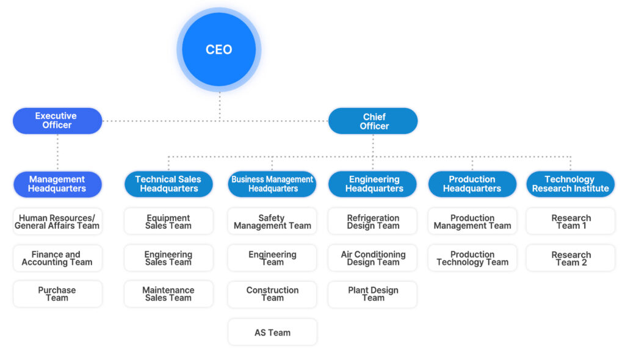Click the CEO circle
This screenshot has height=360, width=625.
(219, 50)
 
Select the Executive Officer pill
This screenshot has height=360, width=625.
(57, 121)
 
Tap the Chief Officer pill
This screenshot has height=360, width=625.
(373, 121)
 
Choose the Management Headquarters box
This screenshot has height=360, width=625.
(57, 184)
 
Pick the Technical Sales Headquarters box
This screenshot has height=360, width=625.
(168, 184)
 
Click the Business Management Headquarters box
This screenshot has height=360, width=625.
(272, 184)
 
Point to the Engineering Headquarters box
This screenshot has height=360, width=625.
(373, 184)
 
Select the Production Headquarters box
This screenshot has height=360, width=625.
(472, 184)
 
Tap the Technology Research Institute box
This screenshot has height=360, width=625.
(570, 184)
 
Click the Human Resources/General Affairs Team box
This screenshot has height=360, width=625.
(57, 221)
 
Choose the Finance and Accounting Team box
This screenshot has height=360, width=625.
(57, 258)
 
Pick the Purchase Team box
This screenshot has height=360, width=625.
(57, 294)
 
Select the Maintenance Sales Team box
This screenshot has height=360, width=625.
(168, 294)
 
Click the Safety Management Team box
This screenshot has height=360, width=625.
(272, 221)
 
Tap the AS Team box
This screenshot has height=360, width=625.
(272, 333)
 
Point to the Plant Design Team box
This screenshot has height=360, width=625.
(373, 294)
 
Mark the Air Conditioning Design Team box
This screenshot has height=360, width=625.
(373, 258)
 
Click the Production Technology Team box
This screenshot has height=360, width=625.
(472, 258)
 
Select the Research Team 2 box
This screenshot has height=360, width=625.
(570, 258)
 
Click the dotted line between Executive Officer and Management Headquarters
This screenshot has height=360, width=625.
(57, 153)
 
